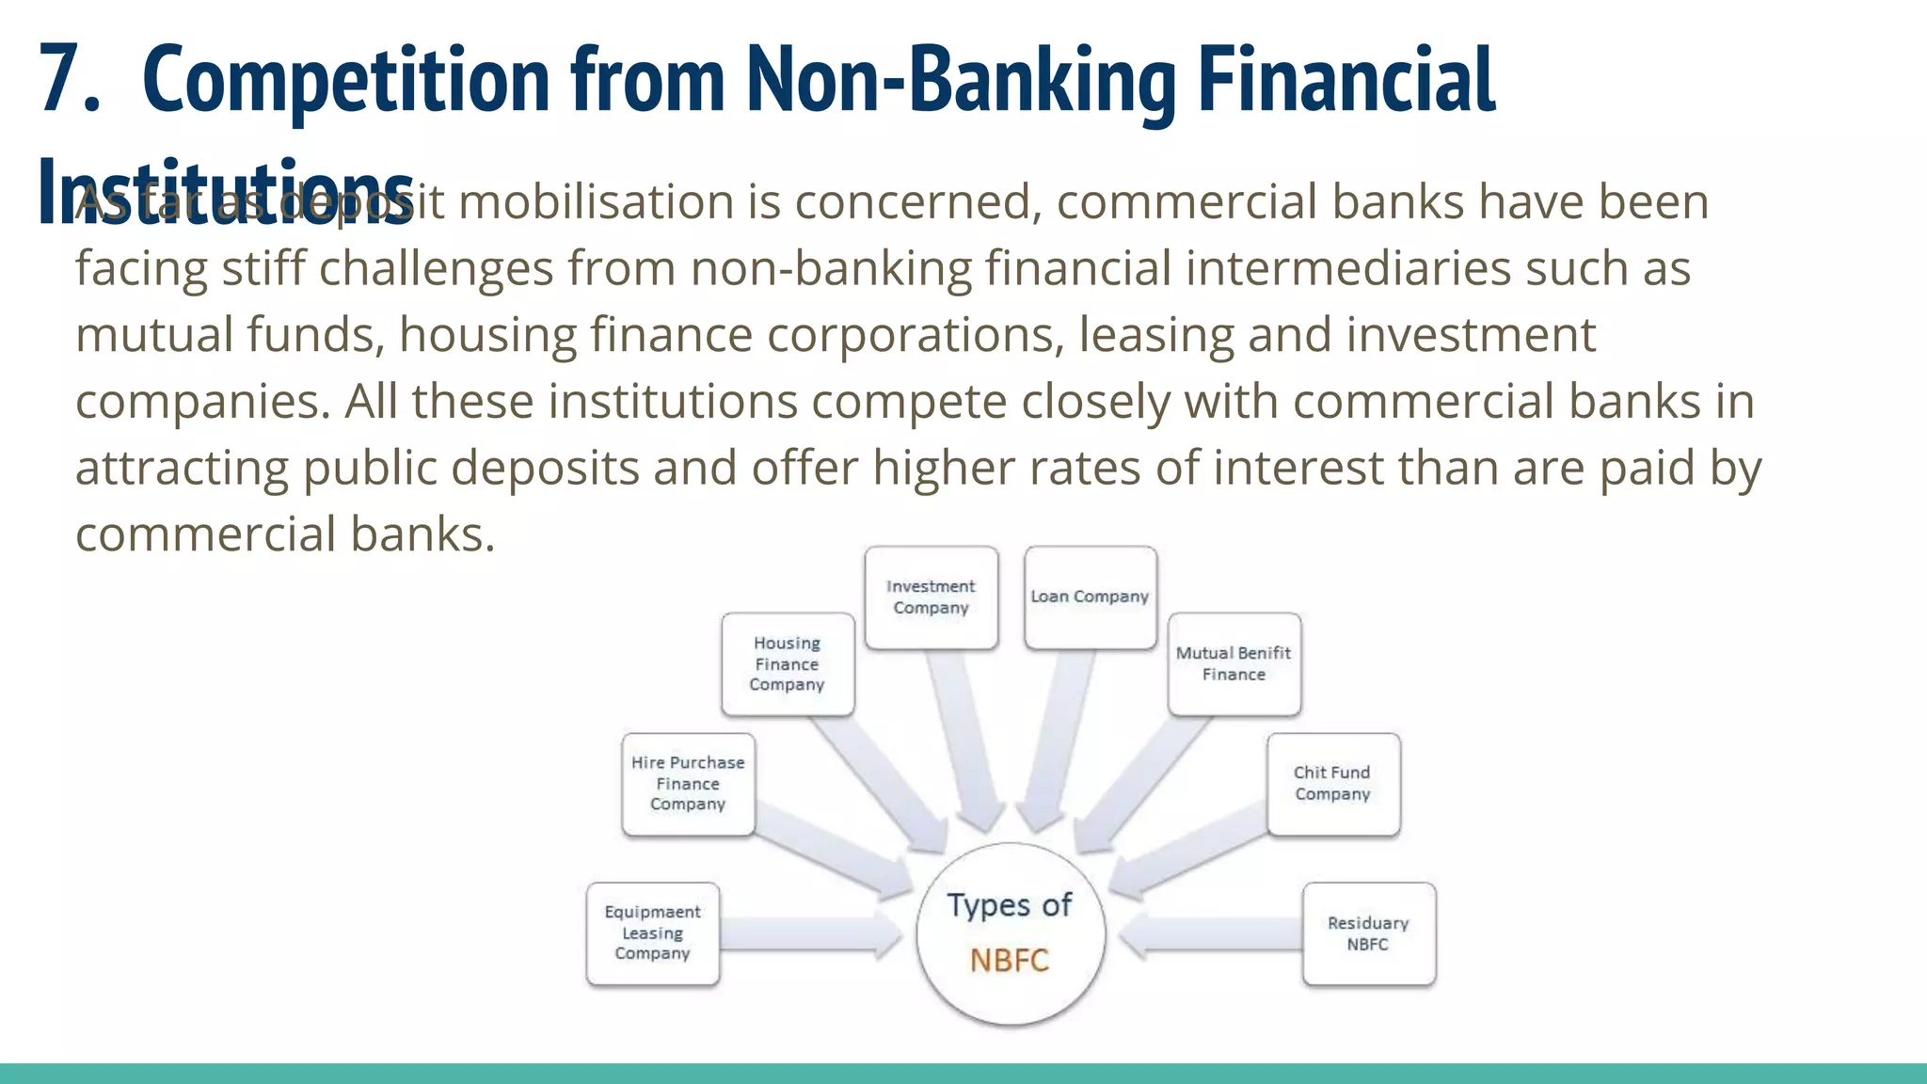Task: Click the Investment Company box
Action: pos(931,598)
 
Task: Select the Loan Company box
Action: pos(1090,598)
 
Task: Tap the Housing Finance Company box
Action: pos(788,664)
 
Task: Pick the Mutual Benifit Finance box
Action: pos(1234,664)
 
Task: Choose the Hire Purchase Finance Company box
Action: pos(688,784)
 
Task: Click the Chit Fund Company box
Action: pos(1332,784)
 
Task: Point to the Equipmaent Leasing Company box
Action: pos(652,933)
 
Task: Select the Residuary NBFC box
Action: pos(1368,933)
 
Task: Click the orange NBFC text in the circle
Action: pos(1009,961)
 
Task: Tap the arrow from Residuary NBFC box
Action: pos(1209,935)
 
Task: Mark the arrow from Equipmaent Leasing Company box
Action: pos(809,935)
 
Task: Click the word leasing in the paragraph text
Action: pos(1155,336)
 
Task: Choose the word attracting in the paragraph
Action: pos(182,470)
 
